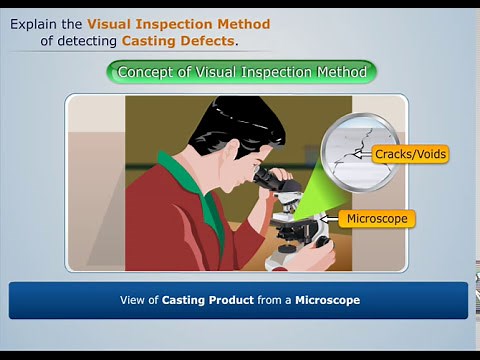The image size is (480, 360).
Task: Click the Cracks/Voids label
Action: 409,154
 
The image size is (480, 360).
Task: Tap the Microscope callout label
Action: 375,218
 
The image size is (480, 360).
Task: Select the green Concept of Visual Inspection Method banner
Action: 241,72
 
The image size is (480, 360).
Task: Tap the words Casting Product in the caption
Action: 204,300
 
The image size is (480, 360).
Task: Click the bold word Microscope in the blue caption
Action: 327,300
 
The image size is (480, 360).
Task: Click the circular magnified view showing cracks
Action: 361,151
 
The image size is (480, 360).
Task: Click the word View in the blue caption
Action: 132,300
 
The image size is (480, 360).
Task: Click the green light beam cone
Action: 315,190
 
